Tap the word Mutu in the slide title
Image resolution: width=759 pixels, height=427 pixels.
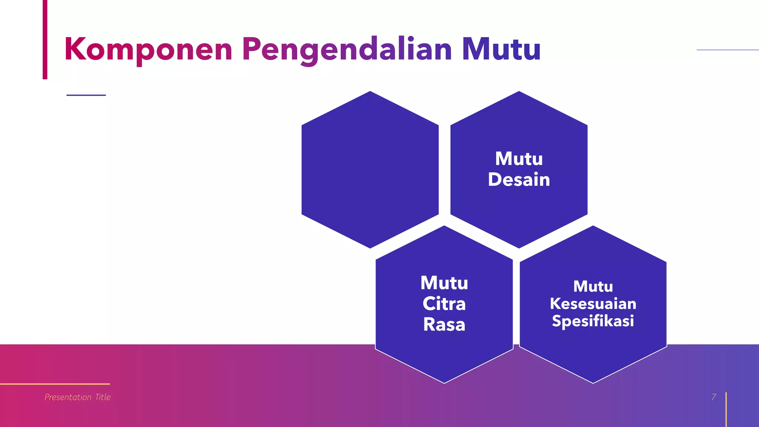[x=501, y=49]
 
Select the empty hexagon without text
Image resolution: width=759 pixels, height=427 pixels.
[x=370, y=170]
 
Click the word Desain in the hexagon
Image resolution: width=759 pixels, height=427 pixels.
[x=519, y=180]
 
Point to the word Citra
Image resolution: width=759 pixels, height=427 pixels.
[x=444, y=304]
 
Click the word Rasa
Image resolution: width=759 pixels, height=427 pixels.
[x=444, y=325]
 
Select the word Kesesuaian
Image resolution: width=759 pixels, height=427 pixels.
[x=593, y=304]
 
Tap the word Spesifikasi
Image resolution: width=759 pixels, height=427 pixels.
[x=593, y=321]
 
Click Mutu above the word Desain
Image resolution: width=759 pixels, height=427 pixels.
[x=519, y=159]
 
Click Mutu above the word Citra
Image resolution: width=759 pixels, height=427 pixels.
[x=444, y=283]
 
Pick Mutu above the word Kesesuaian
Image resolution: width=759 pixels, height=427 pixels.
[x=593, y=287]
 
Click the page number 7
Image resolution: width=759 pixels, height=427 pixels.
[x=714, y=397]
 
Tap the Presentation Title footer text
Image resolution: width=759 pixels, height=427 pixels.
[x=77, y=397]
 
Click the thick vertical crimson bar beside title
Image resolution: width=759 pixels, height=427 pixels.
[x=45, y=39]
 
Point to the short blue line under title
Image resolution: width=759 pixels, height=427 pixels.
[x=86, y=95]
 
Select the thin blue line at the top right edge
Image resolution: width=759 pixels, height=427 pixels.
[x=727, y=50]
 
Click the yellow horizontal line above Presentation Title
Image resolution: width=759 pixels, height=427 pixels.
[x=55, y=384]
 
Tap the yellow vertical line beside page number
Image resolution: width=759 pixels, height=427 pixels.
[x=726, y=410]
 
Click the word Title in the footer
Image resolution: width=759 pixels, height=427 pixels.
[x=103, y=397]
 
